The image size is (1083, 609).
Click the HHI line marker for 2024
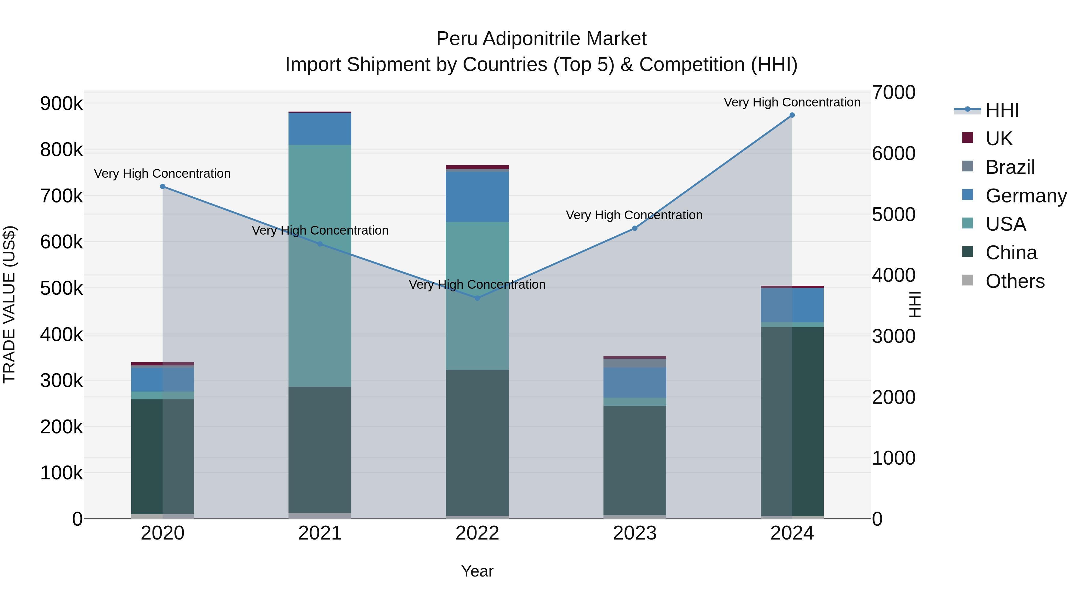click(x=792, y=115)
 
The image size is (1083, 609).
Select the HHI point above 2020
click(x=163, y=186)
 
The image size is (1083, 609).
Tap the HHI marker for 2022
click(x=477, y=298)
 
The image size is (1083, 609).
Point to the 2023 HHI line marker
click(x=635, y=228)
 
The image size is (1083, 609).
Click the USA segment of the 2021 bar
click(x=320, y=266)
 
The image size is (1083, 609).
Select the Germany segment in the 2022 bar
click(x=477, y=197)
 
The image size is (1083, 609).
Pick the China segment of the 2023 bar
click(x=635, y=460)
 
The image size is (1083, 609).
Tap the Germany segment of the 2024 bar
click(x=792, y=305)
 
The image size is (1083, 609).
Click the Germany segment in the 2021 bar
click(x=320, y=129)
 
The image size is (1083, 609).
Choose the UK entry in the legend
click(x=998, y=139)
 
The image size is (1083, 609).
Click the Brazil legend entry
click(x=1009, y=167)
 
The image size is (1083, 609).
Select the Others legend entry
click(x=1014, y=281)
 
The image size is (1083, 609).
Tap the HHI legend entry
click(x=1002, y=110)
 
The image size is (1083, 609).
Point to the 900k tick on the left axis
click(x=61, y=103)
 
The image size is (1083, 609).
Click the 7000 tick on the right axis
click(x=893, y=92)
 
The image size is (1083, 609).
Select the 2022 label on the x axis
click(x=477, y=533)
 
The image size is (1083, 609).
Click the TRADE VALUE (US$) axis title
click(x=9, y=305)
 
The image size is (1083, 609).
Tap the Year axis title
click(x=477, y=571)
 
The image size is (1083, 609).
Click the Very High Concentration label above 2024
click(x=792, y=102)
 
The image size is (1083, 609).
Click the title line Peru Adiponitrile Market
click(x=541, y=39)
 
